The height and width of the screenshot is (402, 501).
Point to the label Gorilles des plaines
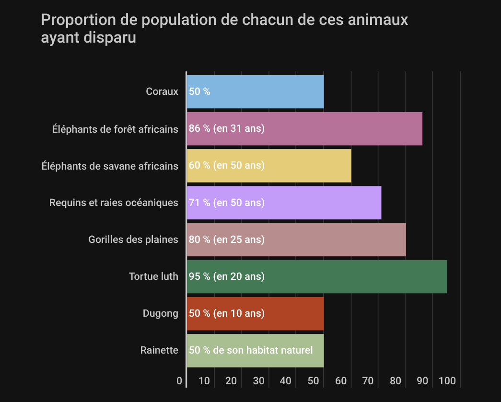click(x=133, y=240)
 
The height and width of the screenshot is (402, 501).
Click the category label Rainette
click(x=159, y=350)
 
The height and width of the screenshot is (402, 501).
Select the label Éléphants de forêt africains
click(x=115, y=129)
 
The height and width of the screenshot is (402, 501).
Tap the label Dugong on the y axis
click(x=160, y=313)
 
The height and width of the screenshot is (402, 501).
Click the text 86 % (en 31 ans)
click(x=227, y=129)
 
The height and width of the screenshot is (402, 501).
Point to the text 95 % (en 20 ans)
click(x=227, y=276)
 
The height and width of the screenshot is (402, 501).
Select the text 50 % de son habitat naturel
click(x=251, y=350)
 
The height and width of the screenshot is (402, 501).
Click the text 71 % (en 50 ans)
click(x=227, y=203)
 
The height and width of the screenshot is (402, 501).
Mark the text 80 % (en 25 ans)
click(x=227, y=240)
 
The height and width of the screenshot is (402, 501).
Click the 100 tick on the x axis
click(x=447, y=381)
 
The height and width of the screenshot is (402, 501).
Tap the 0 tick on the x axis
click(x=179, y=381)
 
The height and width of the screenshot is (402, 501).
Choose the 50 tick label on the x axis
click(x=313, y=381)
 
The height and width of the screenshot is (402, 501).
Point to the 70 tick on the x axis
click(x=368, y=381)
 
